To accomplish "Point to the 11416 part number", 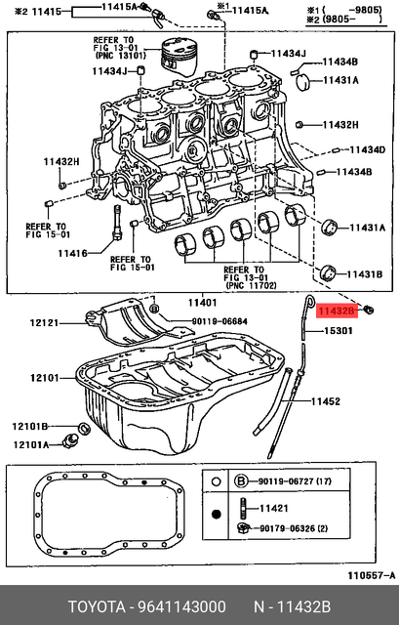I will (x=71, y=253).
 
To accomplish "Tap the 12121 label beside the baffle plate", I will (x=45, y=320).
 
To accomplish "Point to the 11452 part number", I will (x=327, y=401).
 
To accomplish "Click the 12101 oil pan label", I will (x=45, y=376).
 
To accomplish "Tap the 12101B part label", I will (x=30, y=427).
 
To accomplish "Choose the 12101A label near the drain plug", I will (x=30, y=445).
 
